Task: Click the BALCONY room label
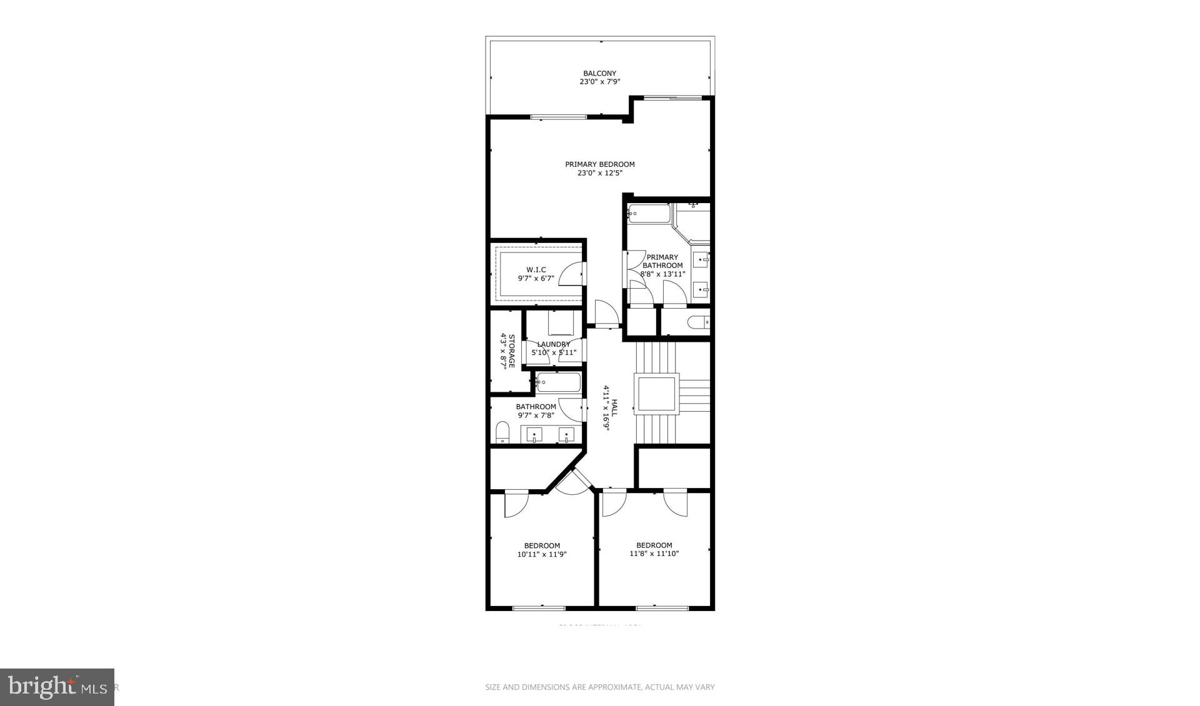pos(599,73)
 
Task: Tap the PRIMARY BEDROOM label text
pos(599,164)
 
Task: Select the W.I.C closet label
pos(536,270)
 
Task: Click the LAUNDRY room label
pos(553,344)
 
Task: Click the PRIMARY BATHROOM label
pos(662,261)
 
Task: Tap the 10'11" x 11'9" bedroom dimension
pos(542,554)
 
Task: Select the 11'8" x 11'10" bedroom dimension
pos(654,554)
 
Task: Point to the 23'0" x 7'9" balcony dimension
pos(599,82)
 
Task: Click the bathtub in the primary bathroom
pos(649,214)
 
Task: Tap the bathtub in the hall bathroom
pos(558,382)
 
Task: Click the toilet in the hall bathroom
pos(502,432)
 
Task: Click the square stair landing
pos(656,394)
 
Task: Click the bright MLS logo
pos(57,687)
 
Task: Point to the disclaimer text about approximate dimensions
pos(599,687)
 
